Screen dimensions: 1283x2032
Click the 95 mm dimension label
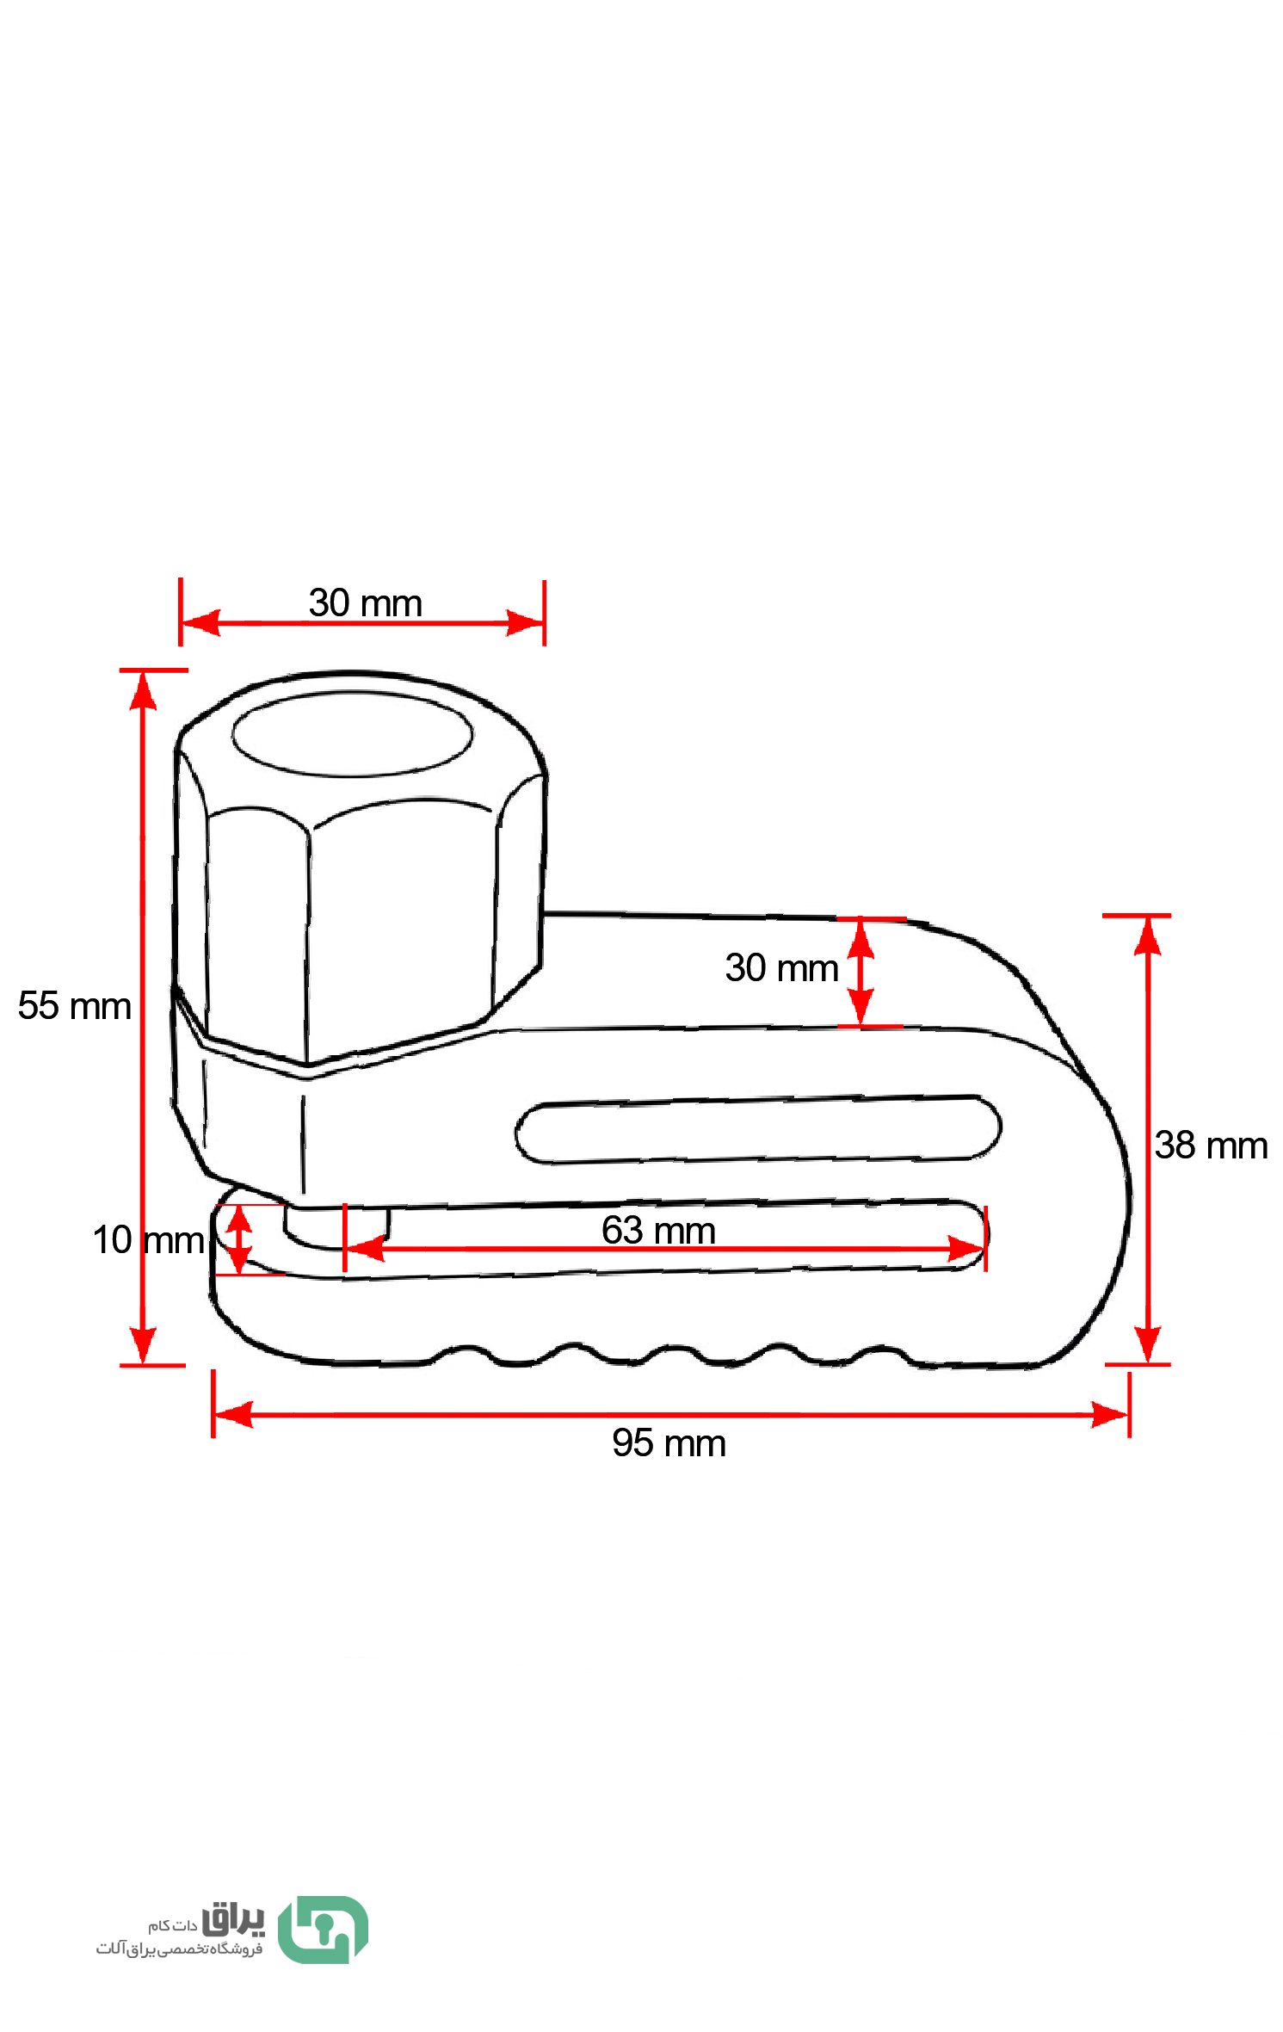pyautogui.click(x=669, y=1443)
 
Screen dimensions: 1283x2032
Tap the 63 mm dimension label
pyautogui.click(x=658, y=1230)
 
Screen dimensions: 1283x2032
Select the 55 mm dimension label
pyautogui.click(x=74, y=1005)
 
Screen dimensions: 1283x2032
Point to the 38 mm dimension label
pyautogui.click(x=1211, y=1146)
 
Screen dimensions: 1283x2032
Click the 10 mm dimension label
pyautogui.click(x=148, y=1240)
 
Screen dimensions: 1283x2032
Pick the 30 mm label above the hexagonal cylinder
pyautogui.click(x=366, y=603)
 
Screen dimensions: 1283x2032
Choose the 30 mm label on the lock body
pyautogui.click(x=781, y=968)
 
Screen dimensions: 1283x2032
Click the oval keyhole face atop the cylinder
pyautogui.click(x=352, y=735)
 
